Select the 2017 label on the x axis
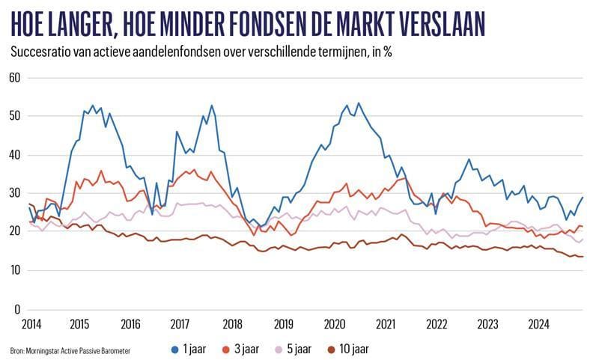pos(180,324)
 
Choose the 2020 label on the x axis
pos(335,324)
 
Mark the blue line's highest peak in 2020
pos(358,103)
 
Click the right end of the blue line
pos(583,198)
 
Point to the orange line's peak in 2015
pos(102,171)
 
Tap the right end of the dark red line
pos(583,257)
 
